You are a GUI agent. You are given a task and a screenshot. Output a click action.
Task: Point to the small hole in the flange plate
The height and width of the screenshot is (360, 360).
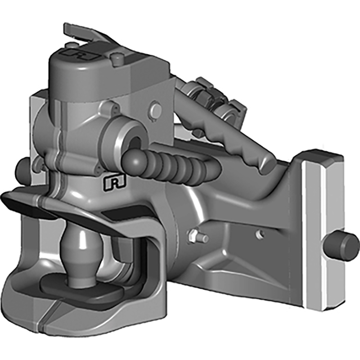pyautogui.click(x=258, y=234)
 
